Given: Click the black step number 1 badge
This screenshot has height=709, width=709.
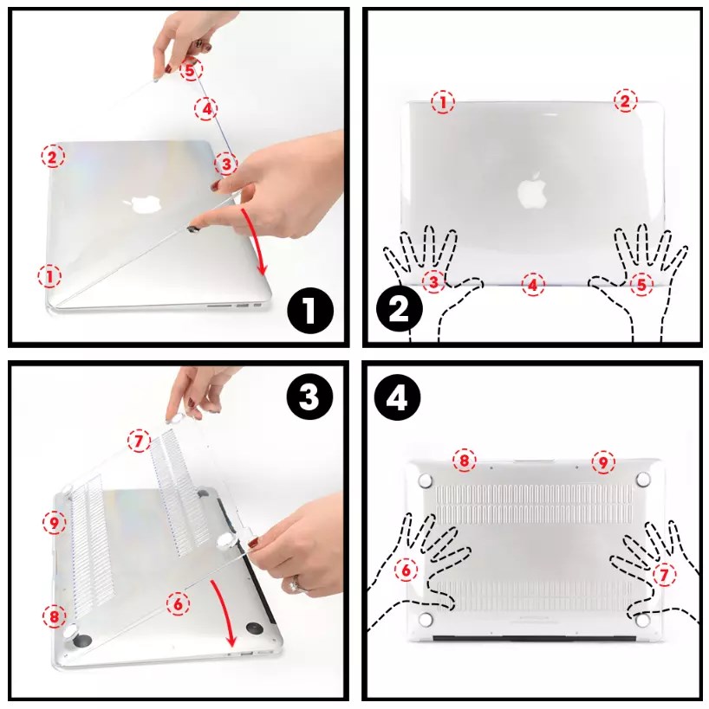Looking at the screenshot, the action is (310, 311).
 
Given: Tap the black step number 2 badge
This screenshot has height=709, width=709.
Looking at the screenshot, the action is (400, 311).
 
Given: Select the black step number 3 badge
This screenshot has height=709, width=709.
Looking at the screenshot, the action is (310, 398).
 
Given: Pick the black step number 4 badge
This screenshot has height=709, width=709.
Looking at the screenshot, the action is (398, 398).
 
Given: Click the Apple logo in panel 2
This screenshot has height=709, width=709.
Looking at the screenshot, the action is (532, 190).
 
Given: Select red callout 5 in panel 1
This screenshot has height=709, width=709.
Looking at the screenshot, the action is (191, 70).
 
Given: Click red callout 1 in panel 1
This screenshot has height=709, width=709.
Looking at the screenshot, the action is (49, 276).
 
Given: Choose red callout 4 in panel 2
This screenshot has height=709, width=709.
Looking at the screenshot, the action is (533, 285).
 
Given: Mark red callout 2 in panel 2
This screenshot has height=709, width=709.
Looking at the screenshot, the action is (625, 100).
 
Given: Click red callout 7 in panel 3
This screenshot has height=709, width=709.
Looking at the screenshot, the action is (139, 441).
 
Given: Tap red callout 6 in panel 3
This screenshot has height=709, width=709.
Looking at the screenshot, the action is (178, 603).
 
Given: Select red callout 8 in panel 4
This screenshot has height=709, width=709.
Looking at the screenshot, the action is (464, 461).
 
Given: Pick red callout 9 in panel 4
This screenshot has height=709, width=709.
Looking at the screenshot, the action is (603, 462).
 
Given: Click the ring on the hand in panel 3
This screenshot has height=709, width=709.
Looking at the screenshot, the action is (296, 585).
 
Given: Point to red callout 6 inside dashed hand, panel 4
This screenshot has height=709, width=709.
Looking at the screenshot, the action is (407, 570).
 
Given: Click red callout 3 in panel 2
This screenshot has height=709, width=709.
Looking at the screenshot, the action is (433, 281).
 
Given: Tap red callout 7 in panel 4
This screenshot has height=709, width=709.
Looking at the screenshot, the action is (665, 575).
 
